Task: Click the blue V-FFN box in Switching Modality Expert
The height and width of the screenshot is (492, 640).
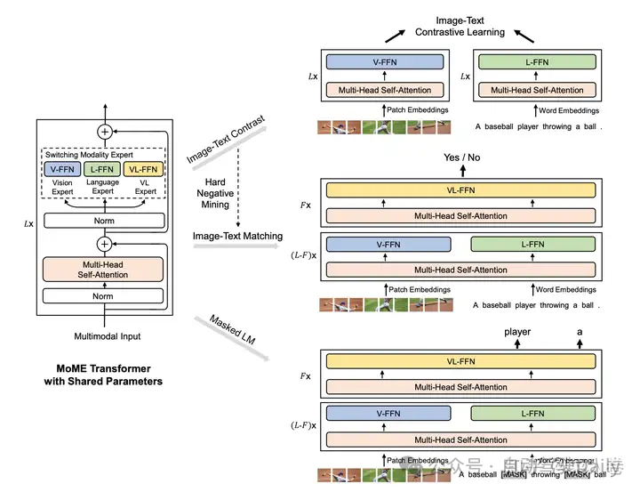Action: pyautogui.click(x=63, y=169)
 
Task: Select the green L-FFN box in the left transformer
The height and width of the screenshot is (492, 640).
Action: pyautogui.click(x=103, y=169)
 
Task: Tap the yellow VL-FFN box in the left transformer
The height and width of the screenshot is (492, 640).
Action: pyautogui.click(x=144, y=169)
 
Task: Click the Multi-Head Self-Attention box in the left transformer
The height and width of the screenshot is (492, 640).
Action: pyautogui.click(x=103, y=270)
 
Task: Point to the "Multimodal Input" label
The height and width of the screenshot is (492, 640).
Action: pyautogui.click(x=106, y=336)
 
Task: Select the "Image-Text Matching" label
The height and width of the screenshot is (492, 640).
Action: pyautogui.click(x=238, y=236)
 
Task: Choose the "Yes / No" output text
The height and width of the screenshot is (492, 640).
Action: pyautogui.click(x=461, y=157)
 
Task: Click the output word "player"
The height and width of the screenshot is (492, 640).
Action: pyautogui.click(x=517, y=332)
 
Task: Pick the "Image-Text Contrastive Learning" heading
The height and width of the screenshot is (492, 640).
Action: pyautogui.click(x=460, y=26)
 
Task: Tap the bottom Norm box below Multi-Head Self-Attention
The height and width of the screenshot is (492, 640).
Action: pyautogui.click(x=103, y=296)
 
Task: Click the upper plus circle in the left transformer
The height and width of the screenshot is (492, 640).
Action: pyautogui.click(x=105, y=130)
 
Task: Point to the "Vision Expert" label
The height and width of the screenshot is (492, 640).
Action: pyautogui.click(x=63, y=187)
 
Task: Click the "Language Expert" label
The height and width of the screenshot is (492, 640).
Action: pyautogui.click(x=103, y=187)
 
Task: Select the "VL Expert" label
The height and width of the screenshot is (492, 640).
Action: pyautogui.click(x=145, y=187)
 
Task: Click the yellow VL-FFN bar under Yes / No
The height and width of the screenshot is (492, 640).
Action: pyautogui.click(x=460, y=190)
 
